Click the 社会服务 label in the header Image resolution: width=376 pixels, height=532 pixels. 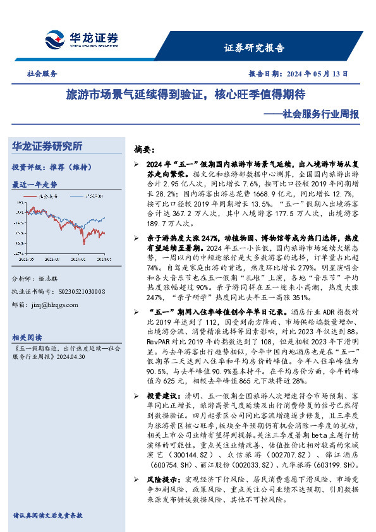39,74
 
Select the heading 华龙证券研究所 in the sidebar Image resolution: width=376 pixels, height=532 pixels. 47,147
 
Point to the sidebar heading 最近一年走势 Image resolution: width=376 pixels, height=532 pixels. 35,184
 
